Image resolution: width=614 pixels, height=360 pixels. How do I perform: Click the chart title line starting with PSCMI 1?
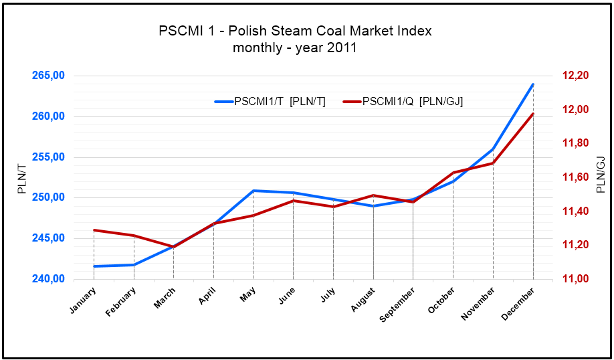click(295, 31)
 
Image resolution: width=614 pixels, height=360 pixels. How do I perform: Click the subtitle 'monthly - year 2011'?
click(295, 48)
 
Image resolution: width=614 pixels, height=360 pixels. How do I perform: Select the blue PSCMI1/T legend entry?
click(270, 102)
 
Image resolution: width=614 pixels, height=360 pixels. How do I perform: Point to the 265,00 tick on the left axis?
click(48, 76)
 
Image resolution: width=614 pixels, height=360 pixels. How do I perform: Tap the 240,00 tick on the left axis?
click(48, 279)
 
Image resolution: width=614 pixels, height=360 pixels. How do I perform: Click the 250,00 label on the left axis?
click(48, 197)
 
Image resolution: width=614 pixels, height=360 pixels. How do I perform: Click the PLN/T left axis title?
click(22, 177)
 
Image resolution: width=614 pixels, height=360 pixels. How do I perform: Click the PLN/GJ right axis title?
click(600, 175)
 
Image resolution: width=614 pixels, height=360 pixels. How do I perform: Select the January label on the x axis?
click(84, 299)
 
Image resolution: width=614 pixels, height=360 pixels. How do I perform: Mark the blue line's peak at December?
click(533, 84)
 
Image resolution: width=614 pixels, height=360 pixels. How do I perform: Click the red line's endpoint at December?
click(533, 114)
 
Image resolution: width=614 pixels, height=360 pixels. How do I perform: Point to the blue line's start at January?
click(94, 266)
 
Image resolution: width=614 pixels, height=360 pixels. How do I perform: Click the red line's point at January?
click(94, 230)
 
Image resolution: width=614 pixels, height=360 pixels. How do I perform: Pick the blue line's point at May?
click(253, 191)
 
